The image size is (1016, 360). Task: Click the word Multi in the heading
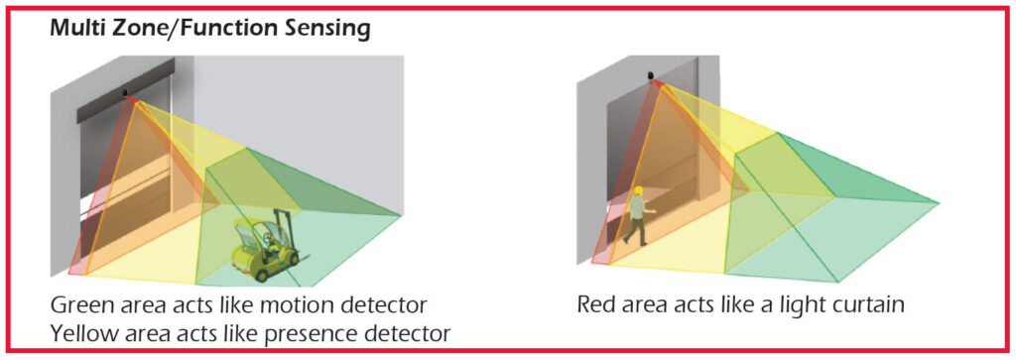point(76,30)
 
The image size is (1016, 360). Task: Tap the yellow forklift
point(260,257)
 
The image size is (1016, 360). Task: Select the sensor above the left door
point(127,93)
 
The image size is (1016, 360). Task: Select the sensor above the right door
point(653,75)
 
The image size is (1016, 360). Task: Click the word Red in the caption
point(599,303)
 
